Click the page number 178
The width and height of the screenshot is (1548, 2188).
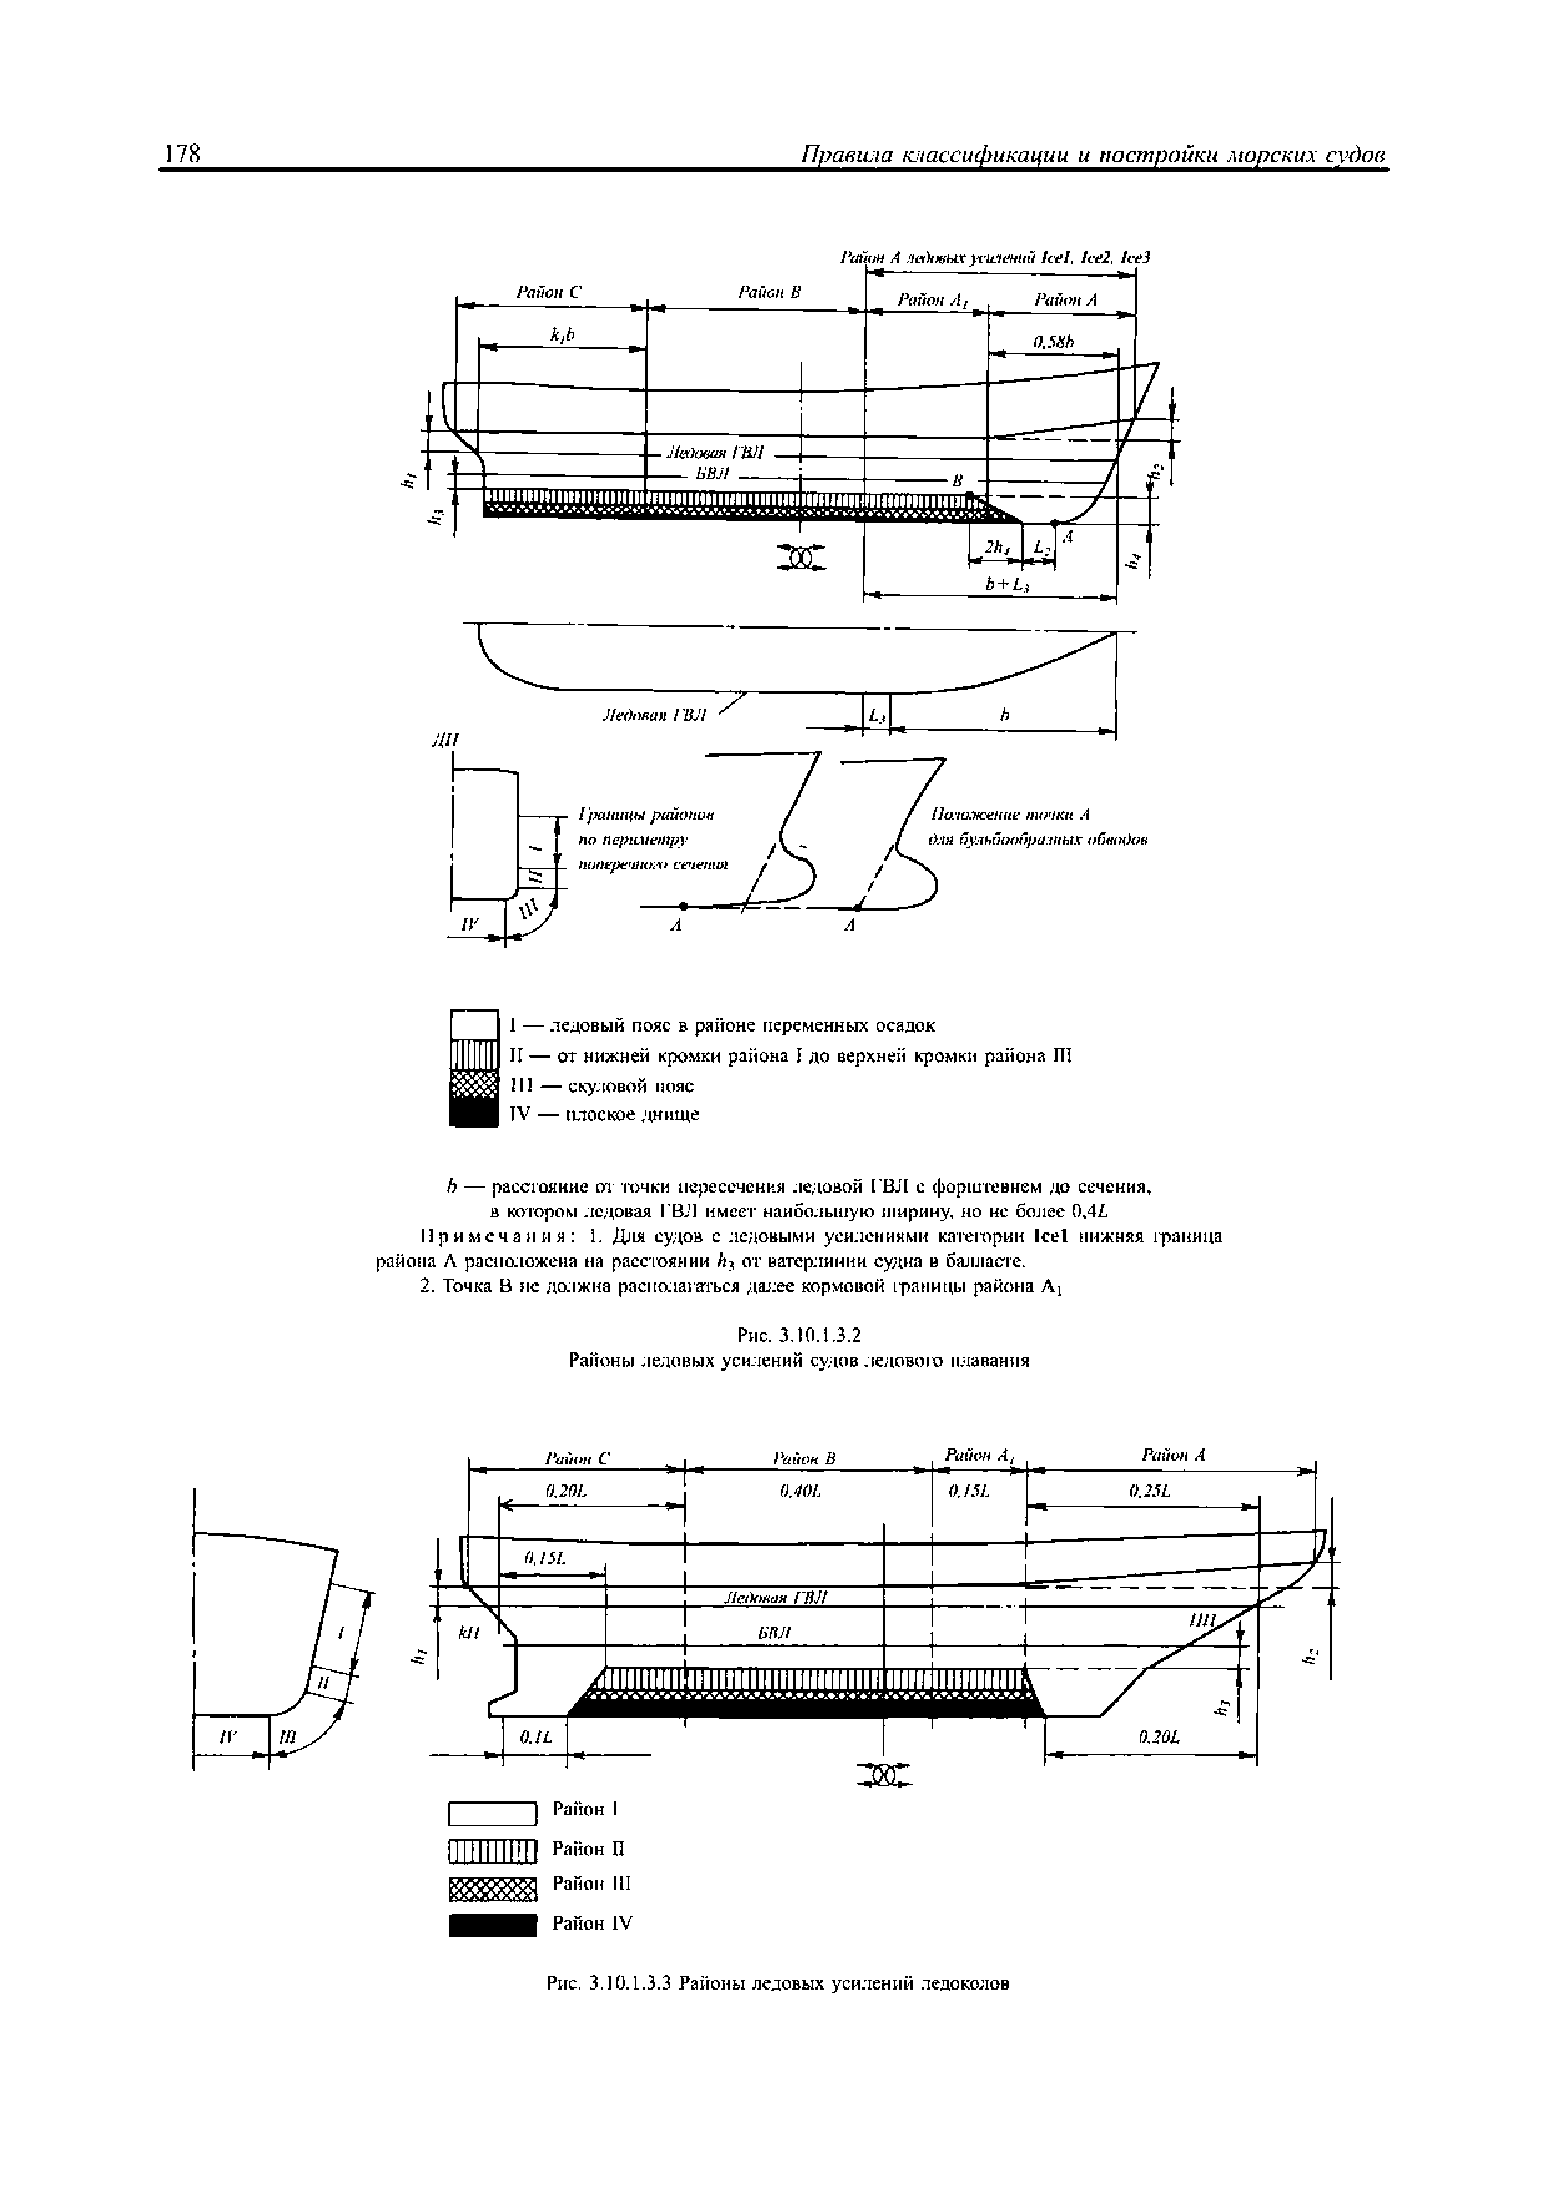180,155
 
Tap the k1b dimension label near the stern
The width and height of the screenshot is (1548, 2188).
562,334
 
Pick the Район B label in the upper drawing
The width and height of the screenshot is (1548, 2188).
768,293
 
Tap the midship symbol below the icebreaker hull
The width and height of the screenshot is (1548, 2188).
885,1775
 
